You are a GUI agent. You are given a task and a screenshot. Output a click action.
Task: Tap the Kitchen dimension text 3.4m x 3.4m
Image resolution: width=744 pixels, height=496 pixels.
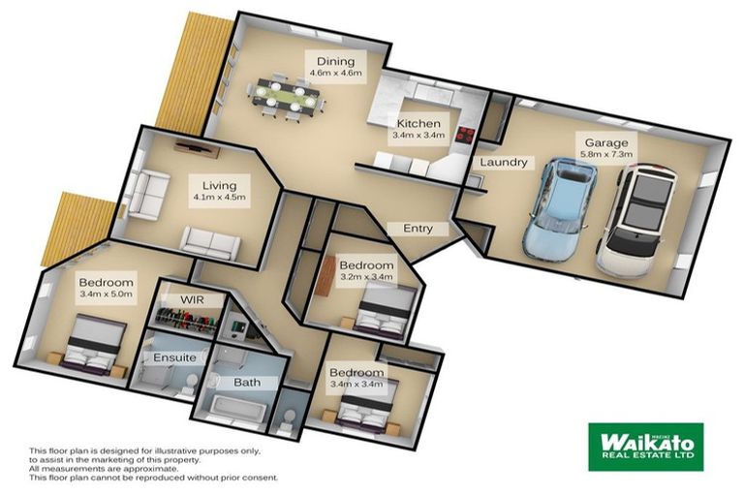pos(418,137)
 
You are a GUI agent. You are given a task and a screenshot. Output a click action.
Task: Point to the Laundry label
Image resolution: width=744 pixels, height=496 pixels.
pos(503,163)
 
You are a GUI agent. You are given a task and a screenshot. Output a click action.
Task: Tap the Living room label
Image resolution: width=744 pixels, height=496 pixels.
pos(219,185)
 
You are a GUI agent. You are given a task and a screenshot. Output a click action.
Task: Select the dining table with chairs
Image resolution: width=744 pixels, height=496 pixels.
pos(284,95)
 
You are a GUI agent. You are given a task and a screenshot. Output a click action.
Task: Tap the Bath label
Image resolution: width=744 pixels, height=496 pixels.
pos(247,383)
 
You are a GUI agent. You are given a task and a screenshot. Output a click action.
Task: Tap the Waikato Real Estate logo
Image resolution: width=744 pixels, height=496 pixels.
pos(644,445)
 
